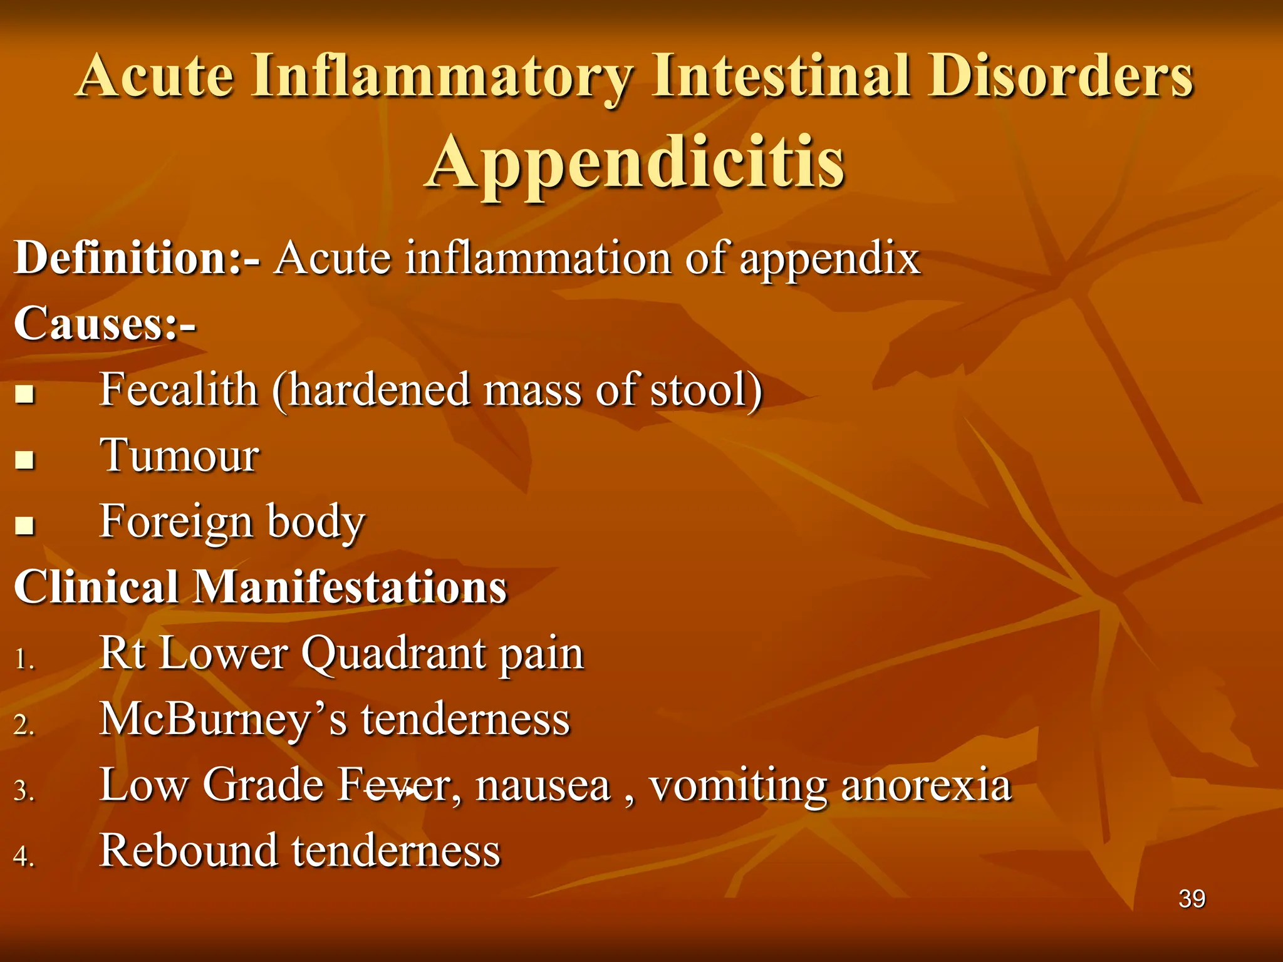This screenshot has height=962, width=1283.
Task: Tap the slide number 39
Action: click(1192, 899)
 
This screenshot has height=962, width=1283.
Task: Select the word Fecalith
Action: click(179, 390)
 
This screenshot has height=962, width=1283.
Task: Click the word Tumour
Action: click(179, 455)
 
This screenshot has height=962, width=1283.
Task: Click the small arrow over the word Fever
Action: click(390, 792)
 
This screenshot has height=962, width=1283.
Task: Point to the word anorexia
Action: click(926, 785)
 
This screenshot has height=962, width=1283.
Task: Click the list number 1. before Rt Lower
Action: click(24, 659)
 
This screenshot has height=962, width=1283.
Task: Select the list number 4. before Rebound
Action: click(24, 857)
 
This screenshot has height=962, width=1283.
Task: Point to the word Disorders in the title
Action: click(1061, 76)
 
